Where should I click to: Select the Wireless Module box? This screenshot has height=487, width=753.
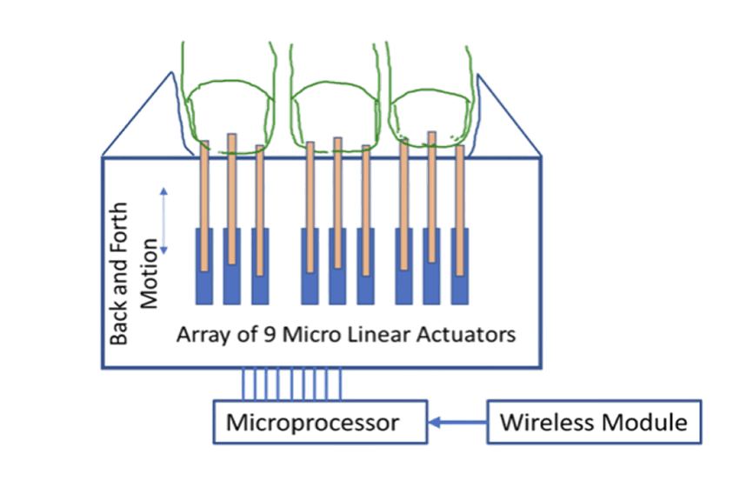click(x=594, y=424)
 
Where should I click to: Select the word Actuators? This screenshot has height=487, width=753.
click(x=469, y=334)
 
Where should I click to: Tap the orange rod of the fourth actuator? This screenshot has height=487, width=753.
click(x=310, y=200)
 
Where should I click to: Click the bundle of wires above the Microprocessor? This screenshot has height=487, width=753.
click(x=291, y=382)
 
